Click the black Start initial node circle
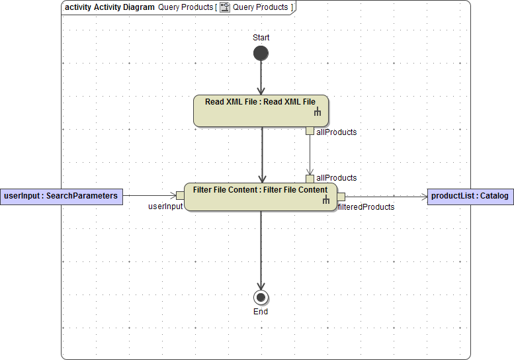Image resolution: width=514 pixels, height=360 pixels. click(261, 53)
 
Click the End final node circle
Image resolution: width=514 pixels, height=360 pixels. click(261, 297)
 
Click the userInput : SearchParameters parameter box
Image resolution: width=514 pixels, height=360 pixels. click(61, 196)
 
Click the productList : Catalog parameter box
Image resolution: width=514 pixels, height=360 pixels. click(470, 196)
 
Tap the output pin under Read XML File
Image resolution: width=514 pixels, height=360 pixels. click(310, 130)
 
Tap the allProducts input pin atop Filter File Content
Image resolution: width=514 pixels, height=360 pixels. click(310, 179)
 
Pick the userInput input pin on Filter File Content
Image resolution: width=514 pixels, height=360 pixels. click(180, 195)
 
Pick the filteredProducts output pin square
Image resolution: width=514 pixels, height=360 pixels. click(341, 196)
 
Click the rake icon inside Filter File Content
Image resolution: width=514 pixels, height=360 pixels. click(325, 200)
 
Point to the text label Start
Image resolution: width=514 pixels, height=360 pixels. click(261, 38)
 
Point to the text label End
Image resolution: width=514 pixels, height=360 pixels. click(261, 312)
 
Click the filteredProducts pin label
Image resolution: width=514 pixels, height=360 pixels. click(366, 207)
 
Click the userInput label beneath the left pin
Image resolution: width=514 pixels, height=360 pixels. click(165, 206)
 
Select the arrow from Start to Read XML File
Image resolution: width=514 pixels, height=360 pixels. click(261, 78)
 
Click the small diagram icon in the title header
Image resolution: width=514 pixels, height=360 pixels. click(224, 7)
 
